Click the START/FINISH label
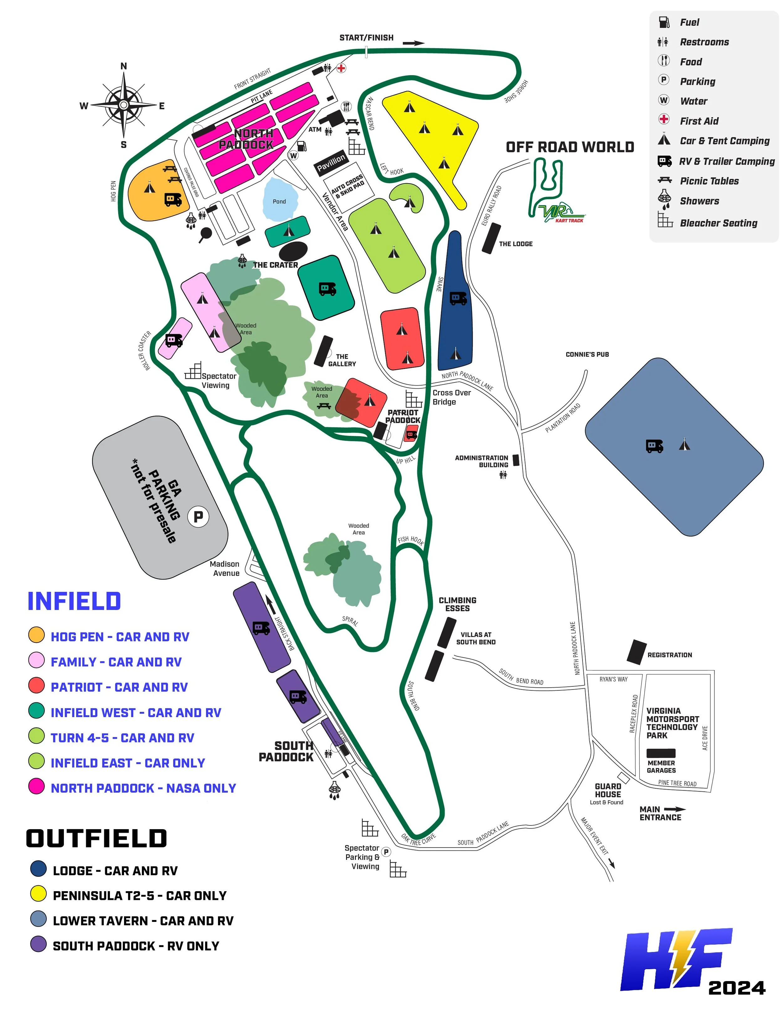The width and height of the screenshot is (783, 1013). tap(366, 38)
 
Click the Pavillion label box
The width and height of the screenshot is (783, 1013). tap(331, 162)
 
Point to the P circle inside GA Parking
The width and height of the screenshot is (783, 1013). tap(198, 516)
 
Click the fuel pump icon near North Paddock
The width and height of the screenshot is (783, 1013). tap(302, 146)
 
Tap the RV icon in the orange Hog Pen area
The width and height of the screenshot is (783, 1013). tap(173, 199)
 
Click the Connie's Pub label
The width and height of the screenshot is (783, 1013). tap(587, 354)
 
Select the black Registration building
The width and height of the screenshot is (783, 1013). tap(636, 651)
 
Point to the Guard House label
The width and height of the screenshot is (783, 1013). tap(608, 790)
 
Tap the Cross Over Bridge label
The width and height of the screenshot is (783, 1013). tap(451, 397)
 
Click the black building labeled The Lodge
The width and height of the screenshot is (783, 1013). tap(491, 238)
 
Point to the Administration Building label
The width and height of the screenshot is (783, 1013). tap(481, 461)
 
